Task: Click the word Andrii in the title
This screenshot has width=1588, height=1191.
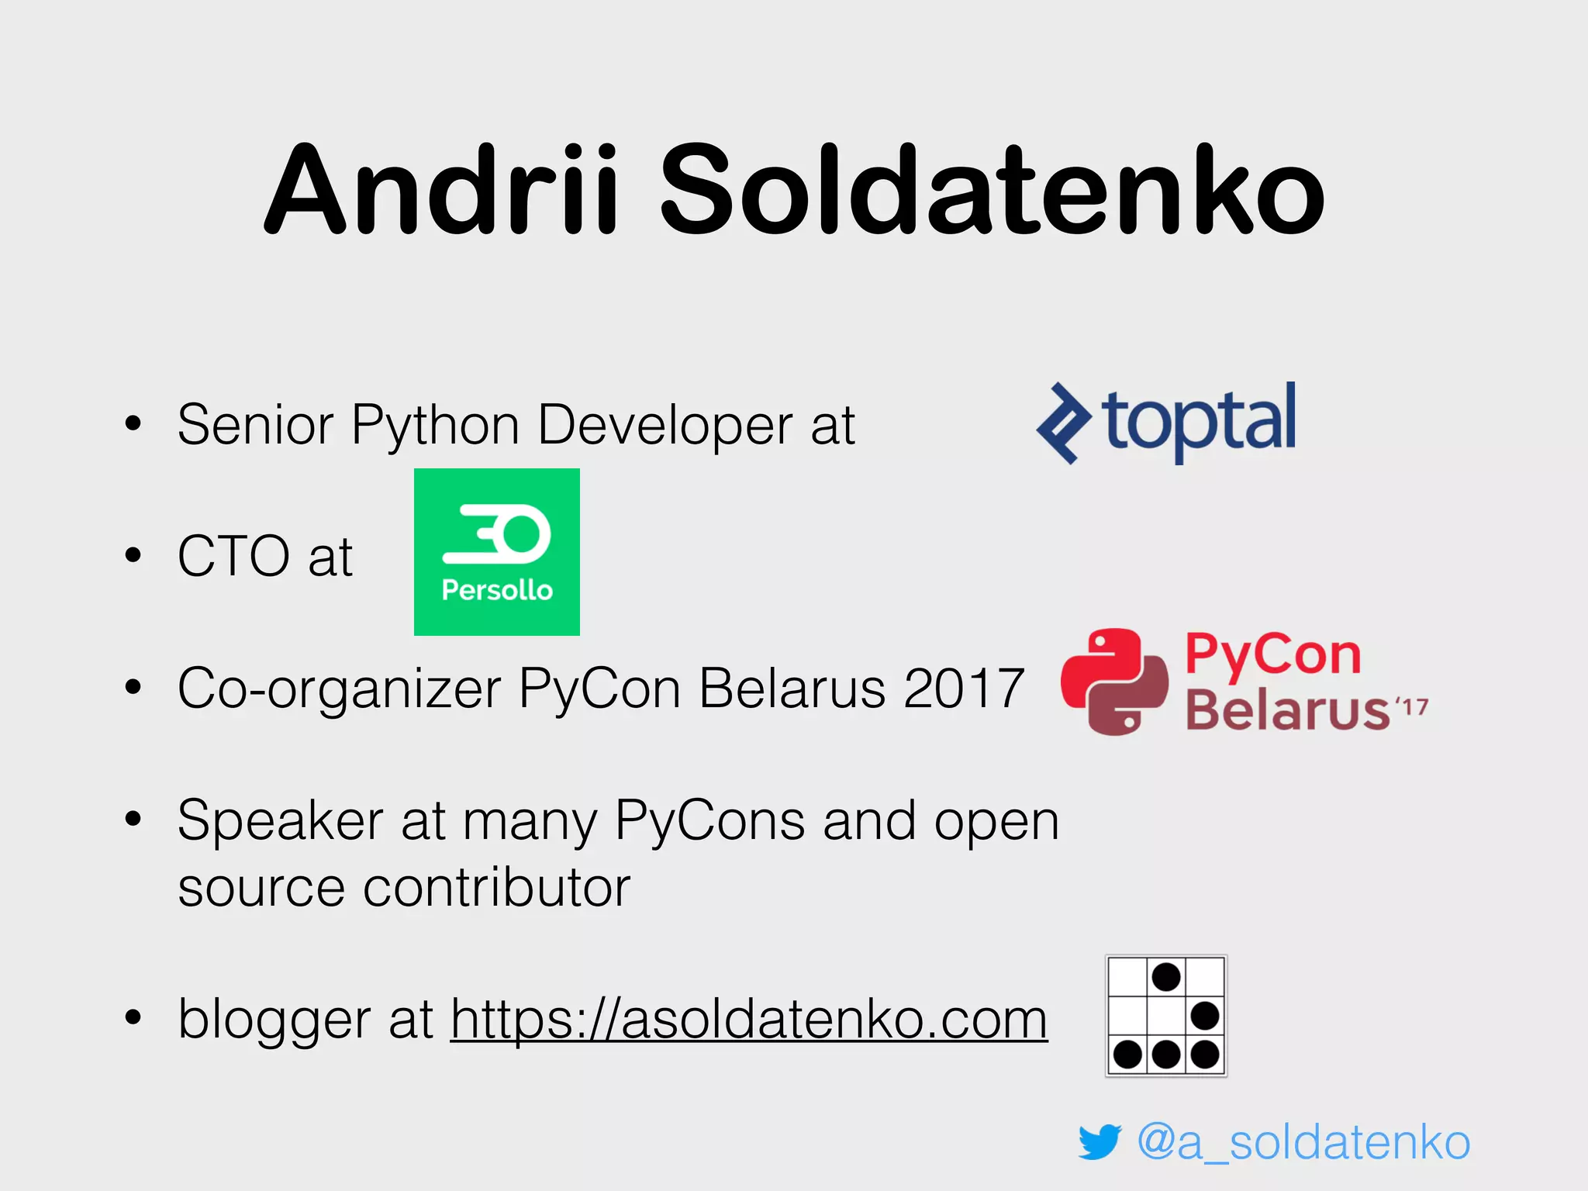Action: point(442,190)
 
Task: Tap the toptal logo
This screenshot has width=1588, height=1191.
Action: point(1166,423)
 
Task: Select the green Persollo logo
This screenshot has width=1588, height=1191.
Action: point(497,552)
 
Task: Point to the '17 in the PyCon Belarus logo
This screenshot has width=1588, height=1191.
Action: point(1411,708)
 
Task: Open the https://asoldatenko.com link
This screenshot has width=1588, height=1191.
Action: point(749,1019)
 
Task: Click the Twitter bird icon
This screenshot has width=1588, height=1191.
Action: point(1100,1142)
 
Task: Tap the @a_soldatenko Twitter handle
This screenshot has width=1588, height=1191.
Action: point(1303,1142)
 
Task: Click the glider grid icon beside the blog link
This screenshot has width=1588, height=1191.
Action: point(1166,1016)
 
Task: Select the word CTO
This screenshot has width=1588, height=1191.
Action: point(233,556)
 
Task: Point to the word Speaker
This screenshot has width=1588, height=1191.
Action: point(280,820)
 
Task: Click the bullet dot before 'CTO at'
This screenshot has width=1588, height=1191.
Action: point(133,555)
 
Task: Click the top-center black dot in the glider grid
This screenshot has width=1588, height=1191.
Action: point(1166,977)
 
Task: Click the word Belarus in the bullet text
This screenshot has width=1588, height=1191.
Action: point(792,688)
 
